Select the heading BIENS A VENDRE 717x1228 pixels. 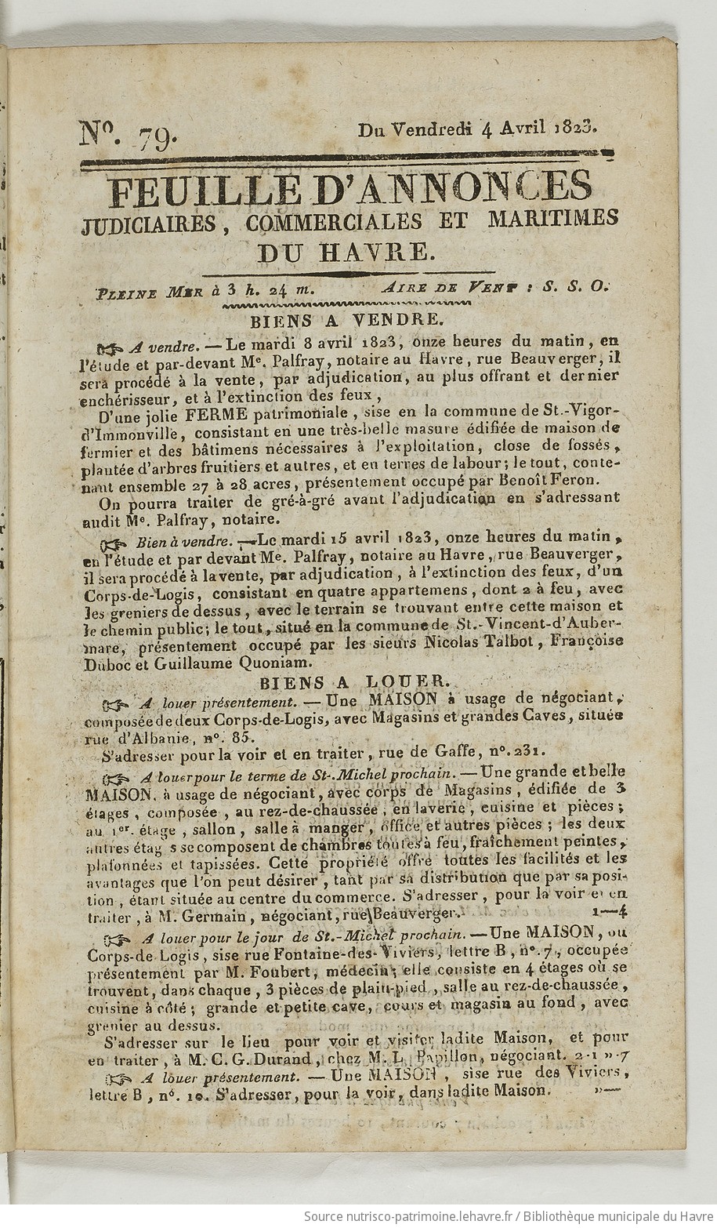click(347, 320)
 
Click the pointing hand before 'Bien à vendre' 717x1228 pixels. click(116, 542)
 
